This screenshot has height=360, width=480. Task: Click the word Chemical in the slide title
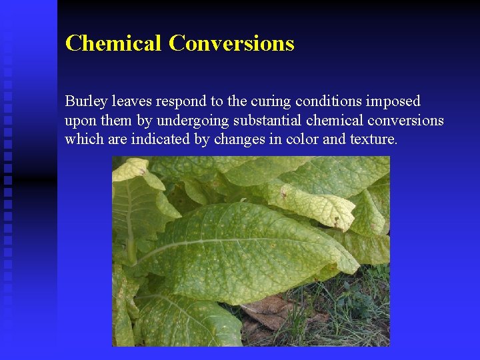pos(113,43)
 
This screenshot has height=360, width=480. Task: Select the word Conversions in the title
pos(231,43)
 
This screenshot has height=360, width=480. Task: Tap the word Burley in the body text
pos(85,101)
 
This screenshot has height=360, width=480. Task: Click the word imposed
pos(393,101)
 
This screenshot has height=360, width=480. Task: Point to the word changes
pos(226,139)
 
